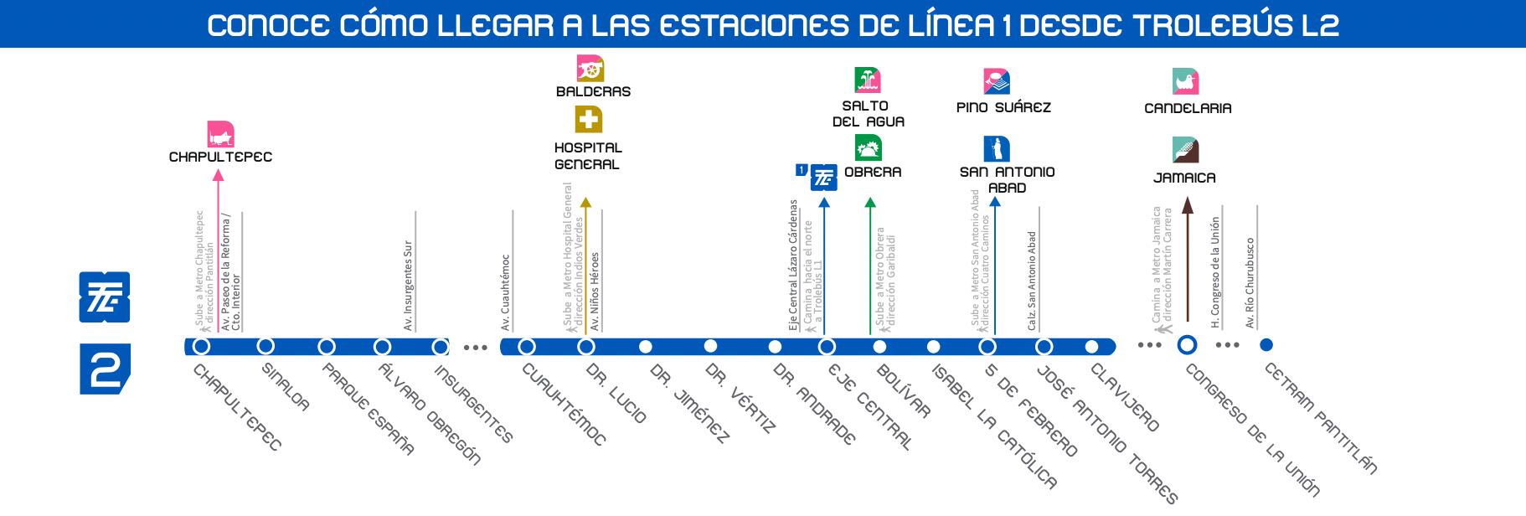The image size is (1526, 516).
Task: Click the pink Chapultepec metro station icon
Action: (x=220, y=135)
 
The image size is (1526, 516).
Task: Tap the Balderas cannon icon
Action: (x=590, y=69)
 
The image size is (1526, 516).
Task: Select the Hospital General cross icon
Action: (x=589, y=120)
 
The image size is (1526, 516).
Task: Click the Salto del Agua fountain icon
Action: (x=868, y=80)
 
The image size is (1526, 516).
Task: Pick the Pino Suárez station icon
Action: (x=997, y=81)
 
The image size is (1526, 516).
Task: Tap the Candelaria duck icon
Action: (x=1186, y=81)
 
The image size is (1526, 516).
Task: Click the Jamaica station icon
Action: (x=1186, y=150)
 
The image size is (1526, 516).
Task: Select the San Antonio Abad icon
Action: (x=997, y=149)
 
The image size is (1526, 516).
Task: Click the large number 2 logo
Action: (x=105, y=369)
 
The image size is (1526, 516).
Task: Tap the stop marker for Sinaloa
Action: (x=266, y=346)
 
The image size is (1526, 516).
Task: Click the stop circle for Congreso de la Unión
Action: (x=1187, y=344)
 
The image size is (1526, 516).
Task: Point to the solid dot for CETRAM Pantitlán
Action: (x=1266, y=344)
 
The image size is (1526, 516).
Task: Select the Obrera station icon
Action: (x=868, y=148)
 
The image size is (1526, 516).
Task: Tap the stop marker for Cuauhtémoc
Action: (x=527, y=346)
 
